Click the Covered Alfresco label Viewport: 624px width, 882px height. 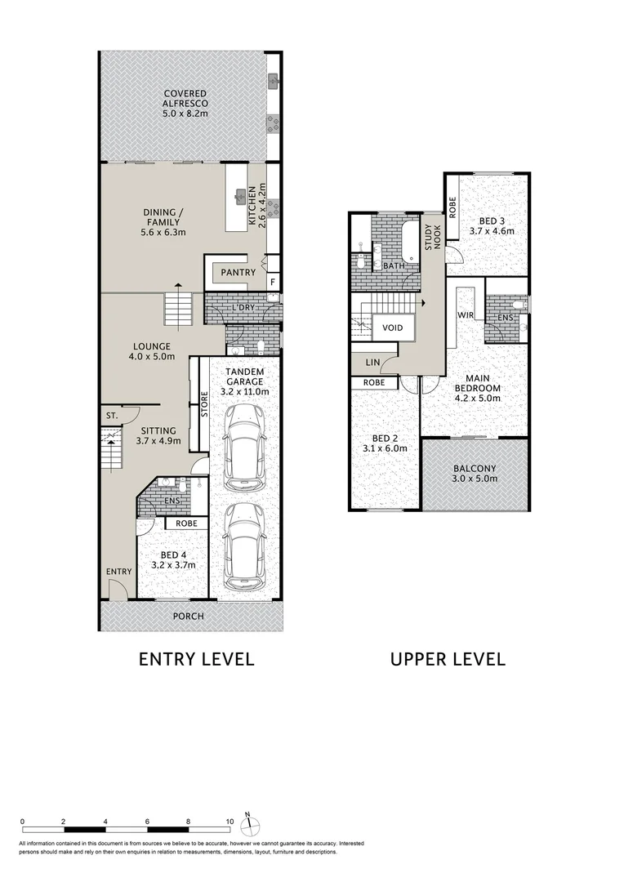(x=185, y=99)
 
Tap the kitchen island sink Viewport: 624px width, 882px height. (x=241, y=195)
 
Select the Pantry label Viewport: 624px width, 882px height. (x=238, y=273)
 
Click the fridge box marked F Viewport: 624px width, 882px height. (x=273, y=283)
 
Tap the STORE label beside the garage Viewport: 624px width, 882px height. (x=204, y=406)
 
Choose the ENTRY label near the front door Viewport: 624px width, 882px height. (x=118, y=572)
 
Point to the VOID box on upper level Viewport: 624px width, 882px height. (x=393, y=327)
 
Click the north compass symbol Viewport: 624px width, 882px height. (x=253, y=822)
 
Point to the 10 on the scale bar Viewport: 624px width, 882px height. (x=230, y=822)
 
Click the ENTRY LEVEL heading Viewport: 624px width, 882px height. (x=196, y=658)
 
